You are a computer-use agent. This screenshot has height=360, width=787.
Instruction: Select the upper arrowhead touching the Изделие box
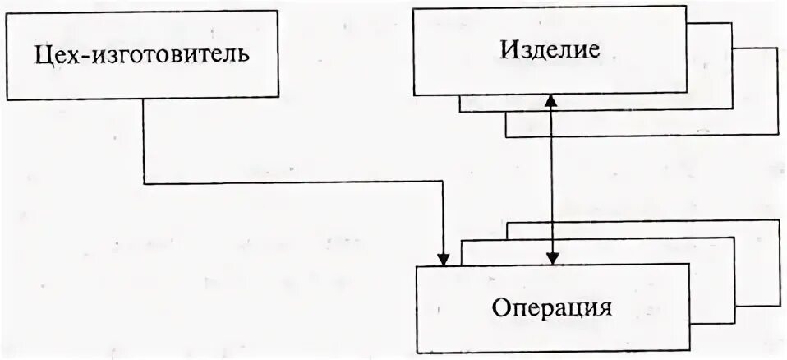[x=552, y=99]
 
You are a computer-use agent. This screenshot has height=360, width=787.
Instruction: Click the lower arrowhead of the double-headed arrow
[x=552, y=259]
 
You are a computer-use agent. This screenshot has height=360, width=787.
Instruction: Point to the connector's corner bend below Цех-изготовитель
[x=145, y=183]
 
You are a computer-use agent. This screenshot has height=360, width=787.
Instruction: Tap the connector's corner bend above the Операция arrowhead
[x=444, y=183]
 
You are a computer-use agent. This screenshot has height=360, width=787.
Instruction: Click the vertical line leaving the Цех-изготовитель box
[x=145, y=140]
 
